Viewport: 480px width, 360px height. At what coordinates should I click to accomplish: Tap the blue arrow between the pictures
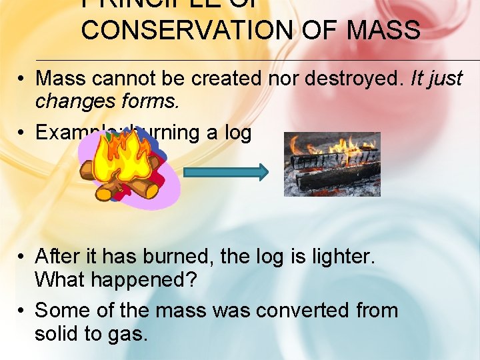pos(225,172)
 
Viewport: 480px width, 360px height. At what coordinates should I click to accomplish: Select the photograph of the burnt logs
pos(332,164)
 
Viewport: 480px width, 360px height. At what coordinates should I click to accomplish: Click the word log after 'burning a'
pos(237,133)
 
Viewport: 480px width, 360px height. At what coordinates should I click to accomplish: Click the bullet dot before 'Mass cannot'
pos(22,79)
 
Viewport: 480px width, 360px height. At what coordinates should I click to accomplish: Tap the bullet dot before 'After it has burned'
pos(22,257)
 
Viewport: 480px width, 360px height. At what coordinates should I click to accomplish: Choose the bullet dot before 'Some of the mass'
pos(22,311)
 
